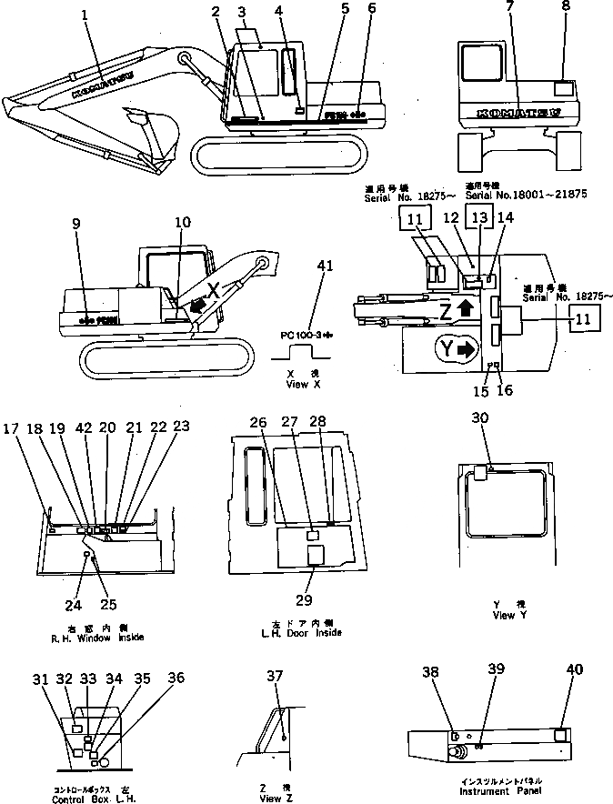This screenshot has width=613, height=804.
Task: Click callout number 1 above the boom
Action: point(85,15)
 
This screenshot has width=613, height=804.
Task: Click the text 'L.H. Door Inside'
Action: point(300,632)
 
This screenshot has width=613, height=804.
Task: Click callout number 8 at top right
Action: point(567,15)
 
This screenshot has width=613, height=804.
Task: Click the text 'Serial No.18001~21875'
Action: point(513,194)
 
